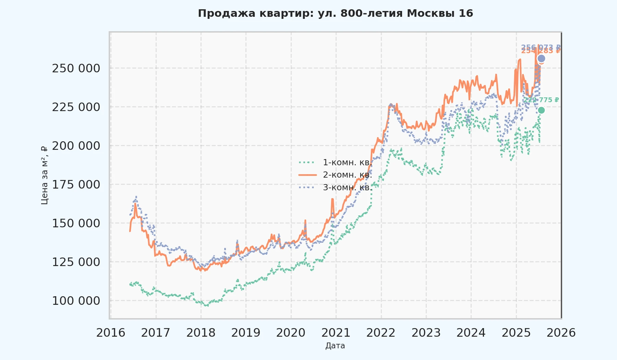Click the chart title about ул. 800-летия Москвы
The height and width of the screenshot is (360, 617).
(335, 13)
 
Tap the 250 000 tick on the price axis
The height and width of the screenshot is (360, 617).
(76, 68)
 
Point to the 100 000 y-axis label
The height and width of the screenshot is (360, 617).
(76, 301)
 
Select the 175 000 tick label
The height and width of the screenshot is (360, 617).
(76, 184)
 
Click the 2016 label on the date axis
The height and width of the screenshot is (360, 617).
(110, 333)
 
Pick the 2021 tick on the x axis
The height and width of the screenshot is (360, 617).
(336, 333)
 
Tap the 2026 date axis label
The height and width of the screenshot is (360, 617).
(561, 333)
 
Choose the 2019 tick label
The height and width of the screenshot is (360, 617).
(246, 333)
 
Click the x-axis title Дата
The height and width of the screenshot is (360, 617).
(335, 346)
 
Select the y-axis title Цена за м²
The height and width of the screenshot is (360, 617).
(44, 175)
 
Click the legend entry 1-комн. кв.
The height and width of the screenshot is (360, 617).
(347, 162)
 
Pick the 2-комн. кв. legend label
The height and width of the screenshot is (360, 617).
(347, 175)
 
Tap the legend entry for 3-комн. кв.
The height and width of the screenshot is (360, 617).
(347, 188)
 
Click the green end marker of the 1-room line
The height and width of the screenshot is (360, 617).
(541, 110)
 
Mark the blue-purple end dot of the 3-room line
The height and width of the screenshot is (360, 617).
(541, 59)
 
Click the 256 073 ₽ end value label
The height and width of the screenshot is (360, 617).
(541, 47)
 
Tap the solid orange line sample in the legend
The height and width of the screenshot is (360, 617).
(307, 175)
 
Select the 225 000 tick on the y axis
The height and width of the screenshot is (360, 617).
(76, 107)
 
